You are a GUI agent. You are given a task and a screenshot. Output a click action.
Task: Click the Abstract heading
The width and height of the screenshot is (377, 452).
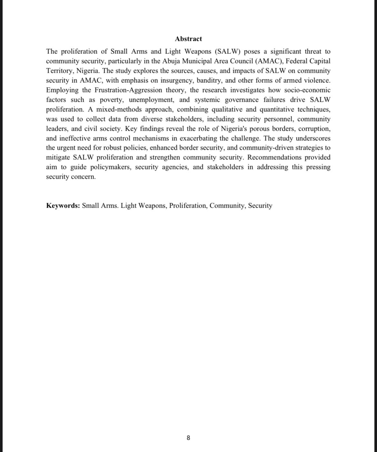click(x=188, y=39)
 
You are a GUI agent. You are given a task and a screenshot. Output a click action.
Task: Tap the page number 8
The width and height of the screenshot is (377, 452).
click(x=188, y=438)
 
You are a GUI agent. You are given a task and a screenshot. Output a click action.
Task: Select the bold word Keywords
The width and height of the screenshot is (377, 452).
click(x=63, y=206)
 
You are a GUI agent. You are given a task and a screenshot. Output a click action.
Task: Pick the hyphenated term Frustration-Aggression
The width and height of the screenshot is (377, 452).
click(x=129, y=90)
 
